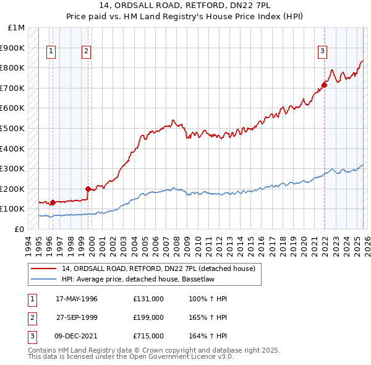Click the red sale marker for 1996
tap(53, 202)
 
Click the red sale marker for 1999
tap(88, 189)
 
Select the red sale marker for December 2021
tap(324, 85)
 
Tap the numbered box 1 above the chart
tap(50, 52)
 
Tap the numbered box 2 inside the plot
tap(86, 52)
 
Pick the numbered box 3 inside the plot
tap(322, 52)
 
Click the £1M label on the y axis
tap(16, 28)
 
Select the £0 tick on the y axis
tap(19, 229)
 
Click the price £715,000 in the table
tap(148, 336)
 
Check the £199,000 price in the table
tap(148, 317)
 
